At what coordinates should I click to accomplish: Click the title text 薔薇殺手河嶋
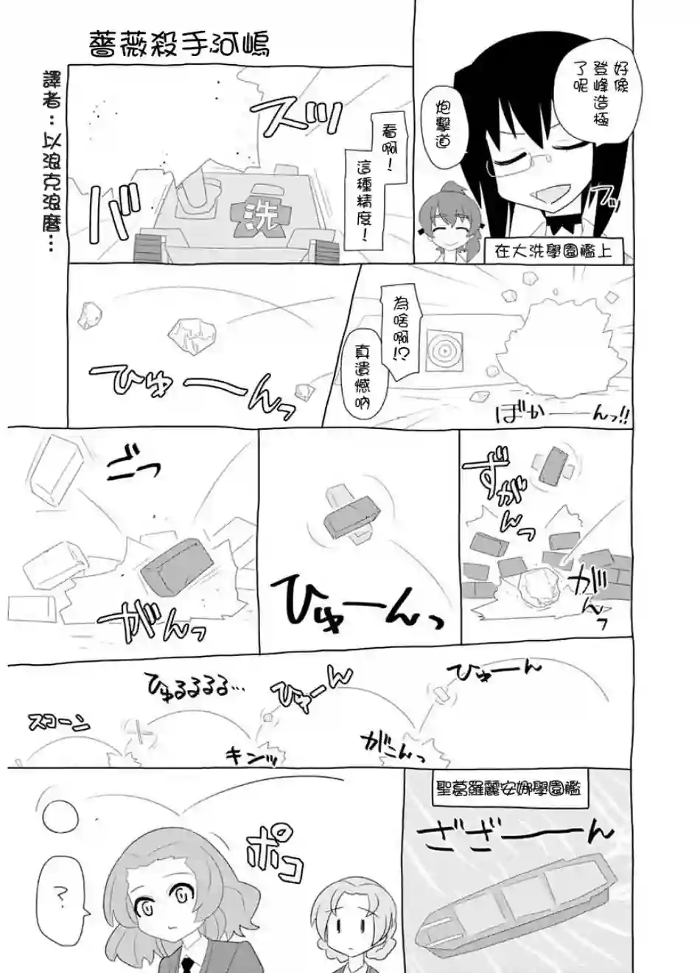(178, 43)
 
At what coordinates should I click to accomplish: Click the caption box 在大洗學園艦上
(553, 251)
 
